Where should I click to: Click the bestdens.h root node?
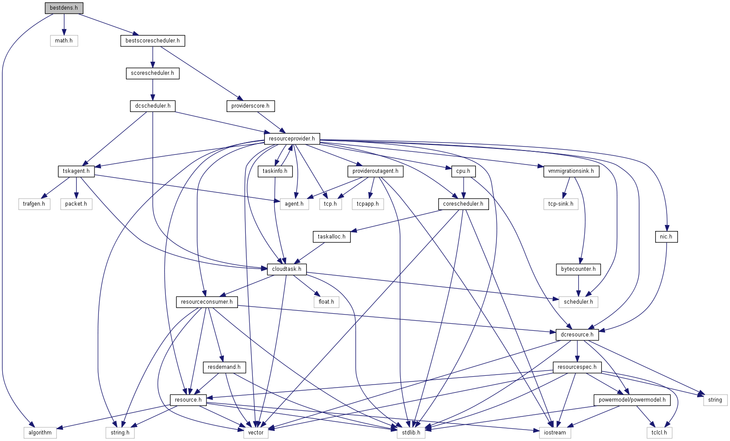pyautogui.click(x=64, y=8)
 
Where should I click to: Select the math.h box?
pyautogui.click(x=64, y=41)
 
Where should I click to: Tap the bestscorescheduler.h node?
pyautogui.click(x=152, y=41)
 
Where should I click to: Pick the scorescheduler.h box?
pyautogui.click(x=152, y=73)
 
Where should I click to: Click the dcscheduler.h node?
pyautogui.click(x=153, y=106)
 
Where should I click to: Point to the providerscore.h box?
pyautogui.click(x=250, y=106)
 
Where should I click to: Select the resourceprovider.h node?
pyautogui.click(x=292, y=139)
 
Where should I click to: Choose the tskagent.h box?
pyautogui.click(x=76, y=171)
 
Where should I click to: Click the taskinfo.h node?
pyautogui.click(x=275, y=171)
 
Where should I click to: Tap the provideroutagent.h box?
pyautogui.click(x=375, y=171)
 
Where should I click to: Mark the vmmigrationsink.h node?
pyautogui.click(x=571, y=171)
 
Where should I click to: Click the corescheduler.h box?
pyautogui.click(x=463, y=204)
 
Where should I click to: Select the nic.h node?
pyautogui.click(x=666, y=237)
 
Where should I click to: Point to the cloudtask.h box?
pyautogui.click(x=286, y=269)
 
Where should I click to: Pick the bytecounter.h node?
pyautogui.click(x=578, y=269)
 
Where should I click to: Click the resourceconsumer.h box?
pyautogui.click(x=206, y=302)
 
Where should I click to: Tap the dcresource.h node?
pyautogui.click(x=577, y=335)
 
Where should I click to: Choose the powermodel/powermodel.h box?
pyautogui.click(x=632, y=400)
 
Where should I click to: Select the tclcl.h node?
pyautogui.click(x=659, y=433)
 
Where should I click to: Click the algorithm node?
pyautogui.click(x=40, y=433)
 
